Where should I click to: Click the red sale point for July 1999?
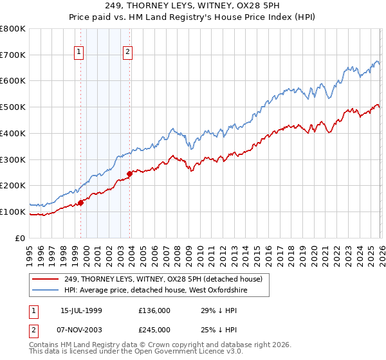pyautogui.click(x=81, y=203)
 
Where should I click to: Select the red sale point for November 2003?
pyautogui.click(x=130, y=174)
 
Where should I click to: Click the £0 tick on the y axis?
pyautogui.click(x=20, y=238)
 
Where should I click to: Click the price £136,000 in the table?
pyautogui.click(x=154, y=310)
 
